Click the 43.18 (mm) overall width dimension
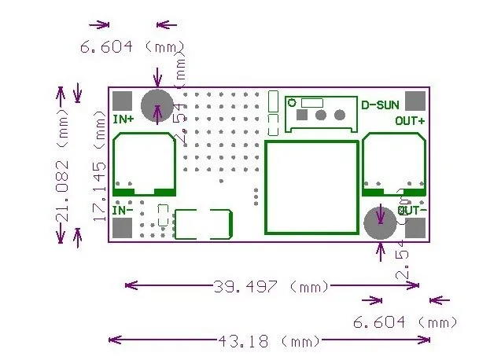[268, 342]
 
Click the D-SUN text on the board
[380, 105]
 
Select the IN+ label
[123, 119]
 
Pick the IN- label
[122, 211]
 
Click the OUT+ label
[410, 121]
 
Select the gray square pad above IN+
[122, 101]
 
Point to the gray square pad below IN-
[122, 228]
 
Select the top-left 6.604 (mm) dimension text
[129, 47]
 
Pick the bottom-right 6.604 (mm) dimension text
[403, 322]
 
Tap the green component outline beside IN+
[144, 164]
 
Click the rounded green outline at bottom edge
[204, 225]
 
